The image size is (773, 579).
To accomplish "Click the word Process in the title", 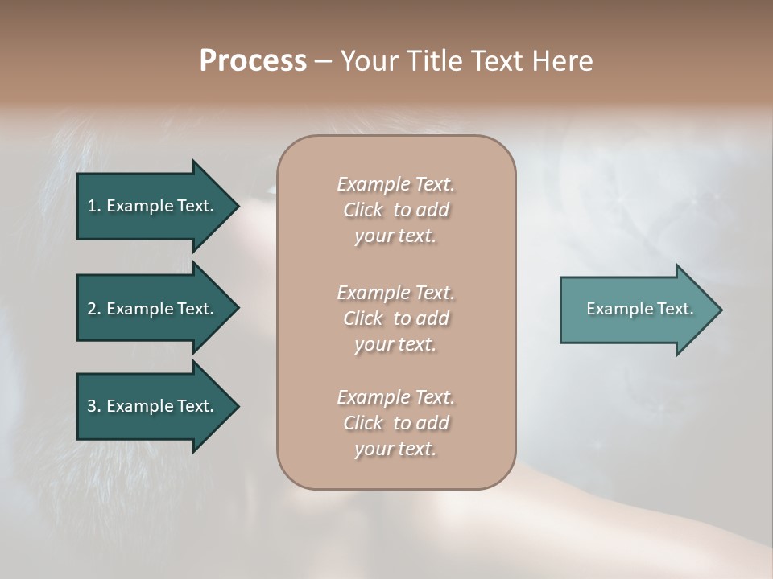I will (x=253, y=61).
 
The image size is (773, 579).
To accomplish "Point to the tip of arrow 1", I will (x=237, y=206).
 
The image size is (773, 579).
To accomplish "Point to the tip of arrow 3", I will (x=237, y=406).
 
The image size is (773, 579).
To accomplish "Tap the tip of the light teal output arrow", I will (x=720, y=309).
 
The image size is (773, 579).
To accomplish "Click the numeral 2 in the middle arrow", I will (x=92, y=309).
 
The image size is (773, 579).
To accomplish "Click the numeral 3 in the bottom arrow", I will (x=92, y=406).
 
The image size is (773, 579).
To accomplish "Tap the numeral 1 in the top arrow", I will (x=92, y=206).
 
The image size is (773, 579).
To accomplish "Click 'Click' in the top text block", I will (x=363, y=210).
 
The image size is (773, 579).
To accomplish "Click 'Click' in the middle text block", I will (x=363, y=318).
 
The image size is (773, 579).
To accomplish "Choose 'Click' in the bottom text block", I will (x=363, y=423).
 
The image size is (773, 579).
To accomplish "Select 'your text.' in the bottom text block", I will (x=395, y=449).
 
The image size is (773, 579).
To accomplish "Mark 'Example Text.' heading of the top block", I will (x=395, y=184).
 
